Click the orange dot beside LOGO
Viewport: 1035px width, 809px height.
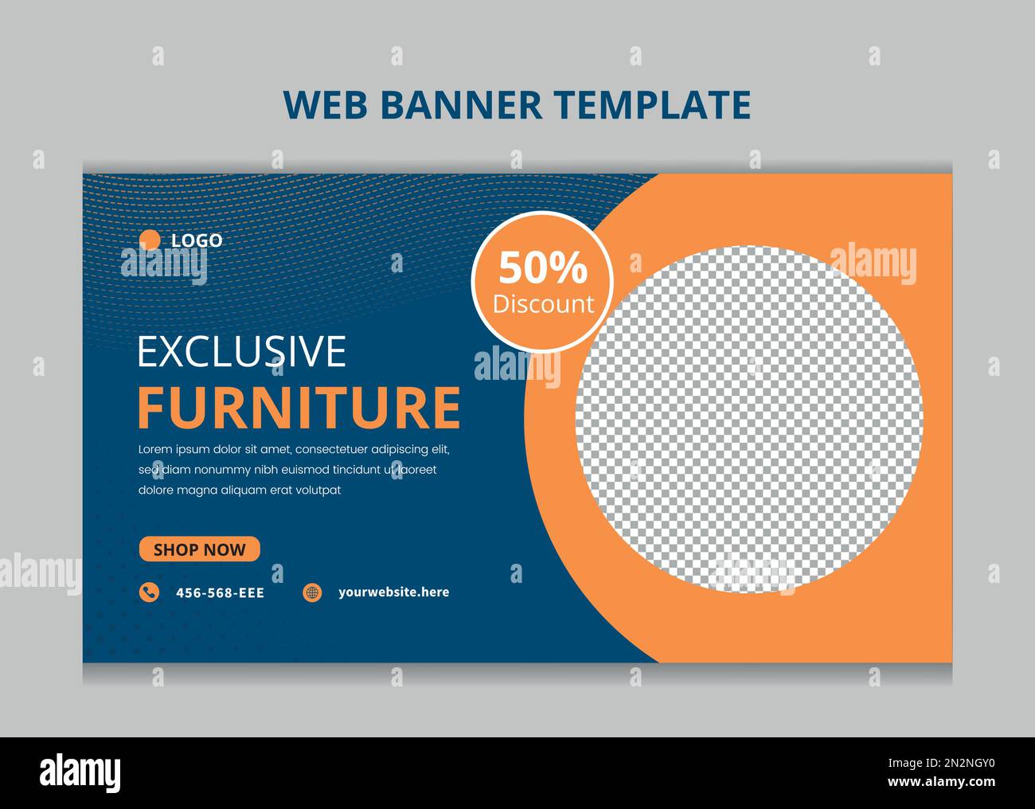tap(150, 240)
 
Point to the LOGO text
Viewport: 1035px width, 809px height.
tap(197, 240)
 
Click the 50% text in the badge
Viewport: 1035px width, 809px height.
tap(543, 268)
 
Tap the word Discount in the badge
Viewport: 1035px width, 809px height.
tap(543, 303)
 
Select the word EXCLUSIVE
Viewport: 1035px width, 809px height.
tap(242, 351)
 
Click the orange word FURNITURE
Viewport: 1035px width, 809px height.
tap(299, 408)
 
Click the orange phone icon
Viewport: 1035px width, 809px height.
tap(149, 592)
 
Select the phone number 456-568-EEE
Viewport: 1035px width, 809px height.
tap(220, 593)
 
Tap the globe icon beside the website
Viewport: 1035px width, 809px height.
tap(313, 592)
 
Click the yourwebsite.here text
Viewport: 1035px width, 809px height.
tap(393, 592)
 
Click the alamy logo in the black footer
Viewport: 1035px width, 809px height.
tap(80, 772)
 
